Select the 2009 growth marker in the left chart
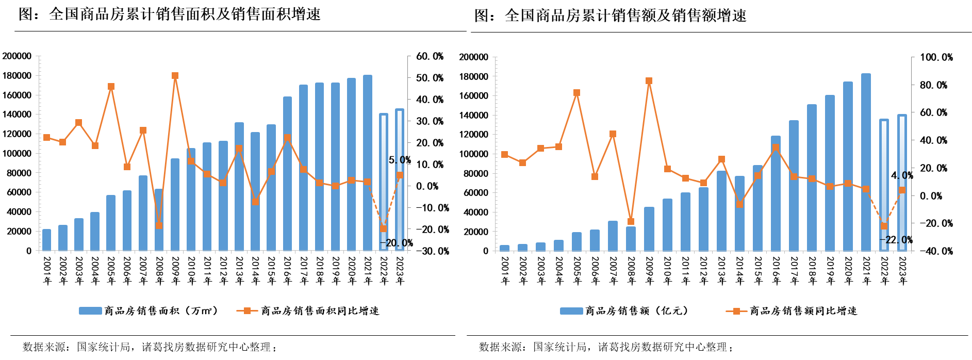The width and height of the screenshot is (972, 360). point(175,76)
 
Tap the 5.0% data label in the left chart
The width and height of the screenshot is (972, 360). point(400,160)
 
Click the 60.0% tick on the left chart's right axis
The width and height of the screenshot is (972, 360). point(430,56)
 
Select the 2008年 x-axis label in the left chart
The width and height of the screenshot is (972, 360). point(159,270)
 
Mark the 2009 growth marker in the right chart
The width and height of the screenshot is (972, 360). point(649,81)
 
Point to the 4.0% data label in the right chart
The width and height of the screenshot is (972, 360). point(902,176)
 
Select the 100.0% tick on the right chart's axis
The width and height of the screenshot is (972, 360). point(936,57)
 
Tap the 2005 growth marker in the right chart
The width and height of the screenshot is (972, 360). point(576,93)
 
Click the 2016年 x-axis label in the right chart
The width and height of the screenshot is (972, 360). point(776,270)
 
